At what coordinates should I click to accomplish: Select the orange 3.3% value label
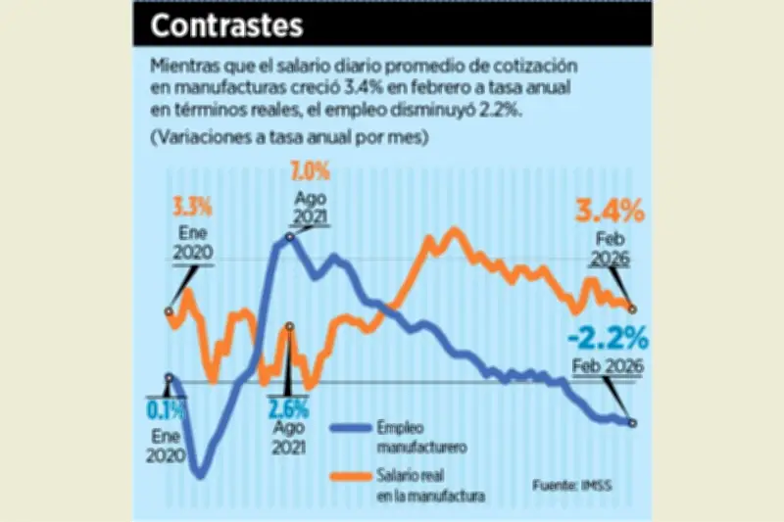pyautogui.click(x=193, y=208)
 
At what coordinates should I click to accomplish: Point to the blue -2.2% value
pyautogui.click(x=608, y=339)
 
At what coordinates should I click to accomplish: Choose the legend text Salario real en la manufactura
pyautogui.click(x=429, y=487)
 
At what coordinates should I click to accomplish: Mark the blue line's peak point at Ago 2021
pyautogui.click(x=290, y=235)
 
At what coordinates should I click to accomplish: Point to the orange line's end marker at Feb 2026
pyautogui.click(x=632, y=308)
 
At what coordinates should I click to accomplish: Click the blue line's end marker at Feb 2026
pyautogui.click(x=632, y=423)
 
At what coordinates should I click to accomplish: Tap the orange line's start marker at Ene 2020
pyautogui.click(x=170, y=312)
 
